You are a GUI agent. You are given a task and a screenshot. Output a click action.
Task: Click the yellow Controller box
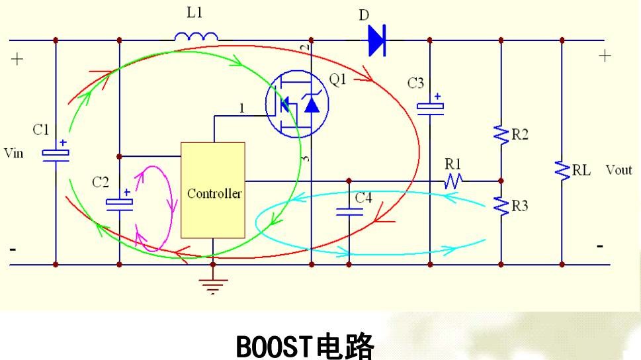click(213, 190)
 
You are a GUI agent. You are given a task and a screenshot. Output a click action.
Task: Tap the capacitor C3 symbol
click(430, 106)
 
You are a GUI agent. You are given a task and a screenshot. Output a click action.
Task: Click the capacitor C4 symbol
click(349, 212)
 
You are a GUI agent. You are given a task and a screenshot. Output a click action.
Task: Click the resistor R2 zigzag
click(501, 135)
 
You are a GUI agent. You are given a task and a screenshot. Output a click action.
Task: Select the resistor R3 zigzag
click(501, 206)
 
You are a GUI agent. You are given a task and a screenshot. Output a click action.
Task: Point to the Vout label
click(619, 170)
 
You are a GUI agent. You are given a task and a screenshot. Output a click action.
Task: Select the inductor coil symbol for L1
click(197, 36)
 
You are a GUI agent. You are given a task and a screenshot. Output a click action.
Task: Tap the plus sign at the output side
click(603, 56)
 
